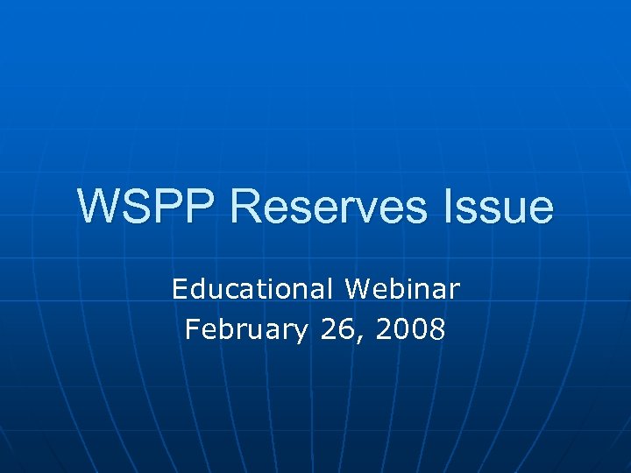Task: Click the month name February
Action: tap(246, 331)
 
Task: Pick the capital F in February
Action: tap(193, 330)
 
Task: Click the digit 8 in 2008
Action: tap(437, 330)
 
